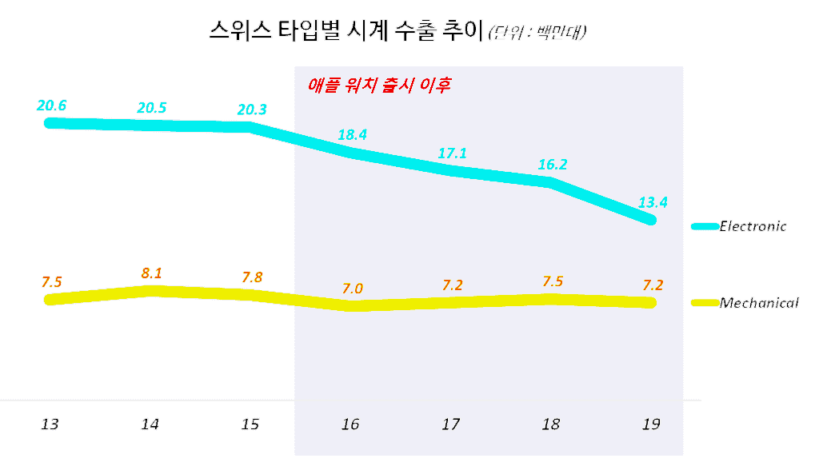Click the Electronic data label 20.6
[51, 105]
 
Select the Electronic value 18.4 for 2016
[352, 134]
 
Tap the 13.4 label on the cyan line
[653, 202]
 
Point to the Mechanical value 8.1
[151, 273]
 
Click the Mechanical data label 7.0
[352, 289]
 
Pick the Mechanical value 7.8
[252, 277]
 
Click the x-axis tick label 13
[50, 424]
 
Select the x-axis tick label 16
[350, 424]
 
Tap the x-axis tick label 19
[650, 424]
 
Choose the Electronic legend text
[753, 226]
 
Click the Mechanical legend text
[759, 303]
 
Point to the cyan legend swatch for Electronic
[703, 227]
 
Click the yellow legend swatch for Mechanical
[703, 303]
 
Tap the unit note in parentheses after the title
[538, 34]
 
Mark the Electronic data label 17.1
[452, 153]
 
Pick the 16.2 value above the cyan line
[552, 165]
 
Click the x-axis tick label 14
[150, 424]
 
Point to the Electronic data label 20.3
[252, 110]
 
